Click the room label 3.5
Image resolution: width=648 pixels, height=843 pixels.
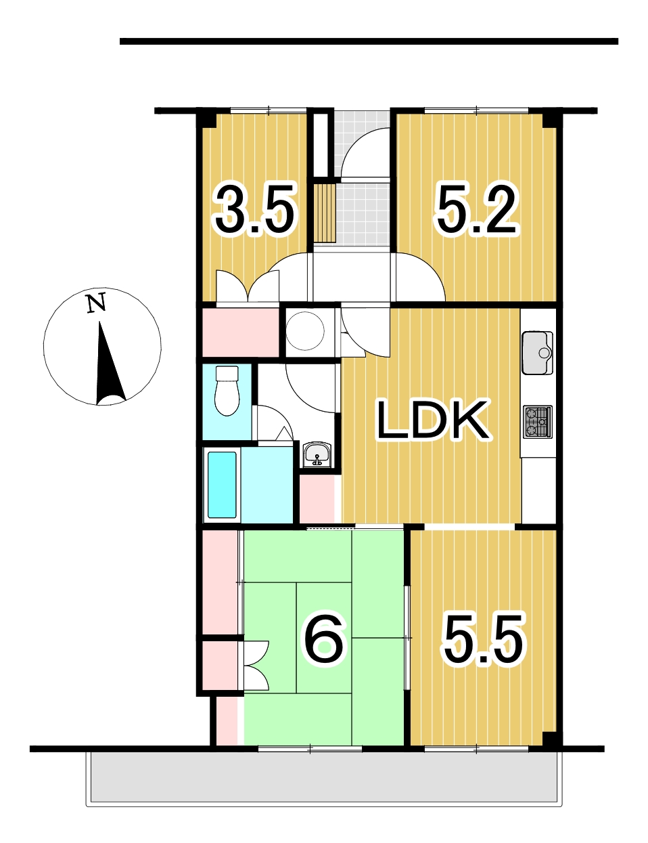(254, 211)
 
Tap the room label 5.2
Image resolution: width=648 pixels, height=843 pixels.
(477, 211)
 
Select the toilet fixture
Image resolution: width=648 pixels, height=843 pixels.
(227, 391)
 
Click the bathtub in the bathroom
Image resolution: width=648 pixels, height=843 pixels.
(222, 485)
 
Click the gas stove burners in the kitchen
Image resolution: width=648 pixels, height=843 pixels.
(537, 422)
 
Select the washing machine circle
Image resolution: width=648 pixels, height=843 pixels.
(305, 331)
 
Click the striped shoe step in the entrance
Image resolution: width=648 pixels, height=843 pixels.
(325, 213)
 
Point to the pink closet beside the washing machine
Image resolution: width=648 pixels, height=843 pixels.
(241, 332)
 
